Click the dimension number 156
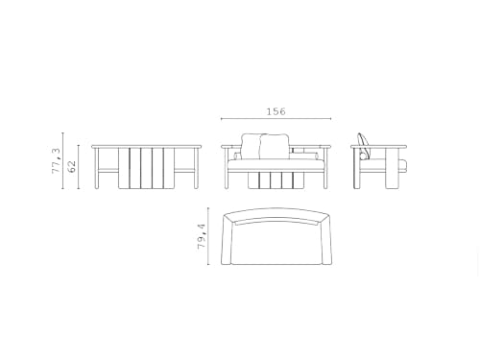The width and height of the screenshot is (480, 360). tap(276, 111)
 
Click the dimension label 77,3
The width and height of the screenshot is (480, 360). tap(58, 157)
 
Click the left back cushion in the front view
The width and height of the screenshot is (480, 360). tap(252, 145)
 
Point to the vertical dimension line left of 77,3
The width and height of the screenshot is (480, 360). tap(63, 160)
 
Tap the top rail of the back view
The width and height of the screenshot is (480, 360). tap(147, 145)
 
